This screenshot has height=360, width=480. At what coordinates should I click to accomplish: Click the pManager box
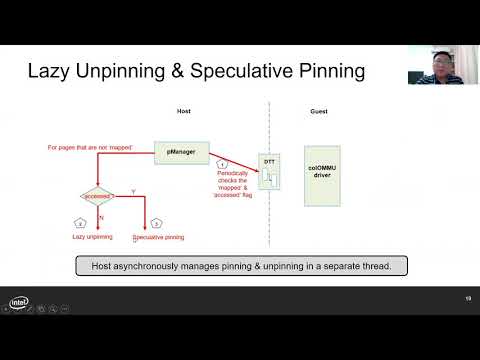(x=182, y=154)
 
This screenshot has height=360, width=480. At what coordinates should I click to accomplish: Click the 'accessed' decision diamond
(x=97, y=196)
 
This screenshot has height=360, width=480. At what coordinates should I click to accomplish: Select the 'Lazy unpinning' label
(x=91, y=238)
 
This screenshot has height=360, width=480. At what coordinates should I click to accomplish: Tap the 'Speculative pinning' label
(x=160, y=238)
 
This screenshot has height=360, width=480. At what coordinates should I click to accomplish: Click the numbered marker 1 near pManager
(x=224, y=162)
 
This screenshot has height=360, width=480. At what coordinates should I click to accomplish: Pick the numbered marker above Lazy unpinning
(x=80, y=222)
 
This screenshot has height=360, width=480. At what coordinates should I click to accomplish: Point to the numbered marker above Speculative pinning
(x=155, y=222)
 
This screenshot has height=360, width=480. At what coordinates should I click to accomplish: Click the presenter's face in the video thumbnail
(x=438, y=66)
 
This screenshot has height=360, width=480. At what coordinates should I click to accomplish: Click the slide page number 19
(x=467, y=300)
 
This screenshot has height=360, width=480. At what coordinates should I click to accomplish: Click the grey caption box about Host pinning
(x=240, y=266)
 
